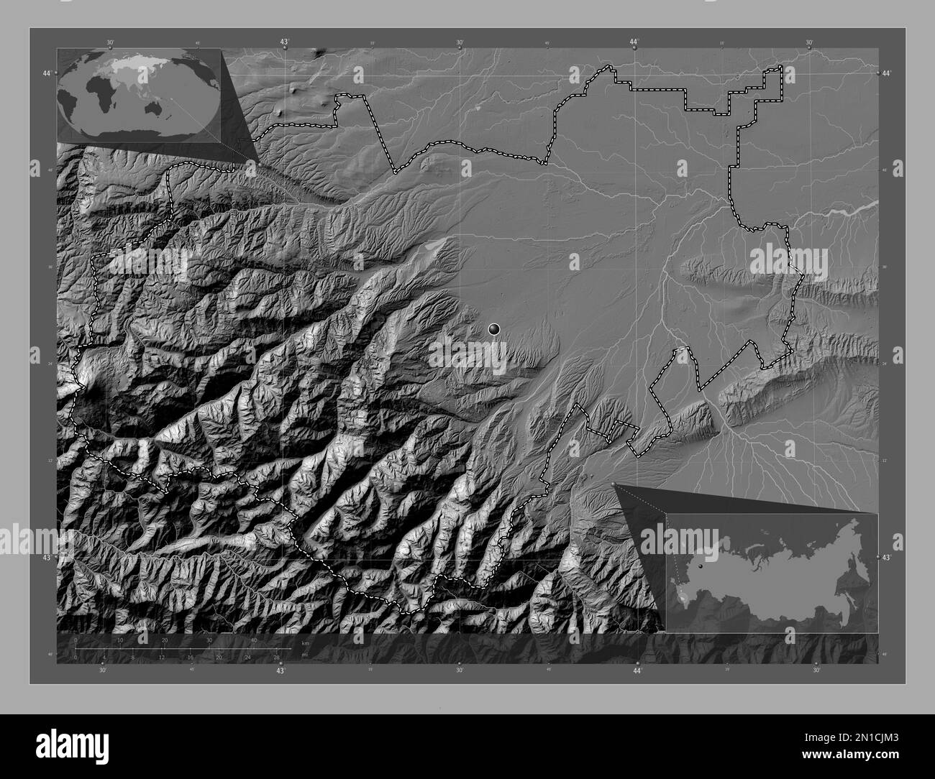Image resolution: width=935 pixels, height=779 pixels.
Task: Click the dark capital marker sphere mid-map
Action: coord(493,329)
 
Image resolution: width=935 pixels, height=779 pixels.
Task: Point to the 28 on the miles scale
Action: coord(276,657)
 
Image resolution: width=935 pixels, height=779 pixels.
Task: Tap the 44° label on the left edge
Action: coord(47,73)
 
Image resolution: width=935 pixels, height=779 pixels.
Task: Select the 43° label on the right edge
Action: coord(886,557)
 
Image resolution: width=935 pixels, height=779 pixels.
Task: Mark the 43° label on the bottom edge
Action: coord(280,670)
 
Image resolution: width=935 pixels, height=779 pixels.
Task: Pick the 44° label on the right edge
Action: coord(886,73)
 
